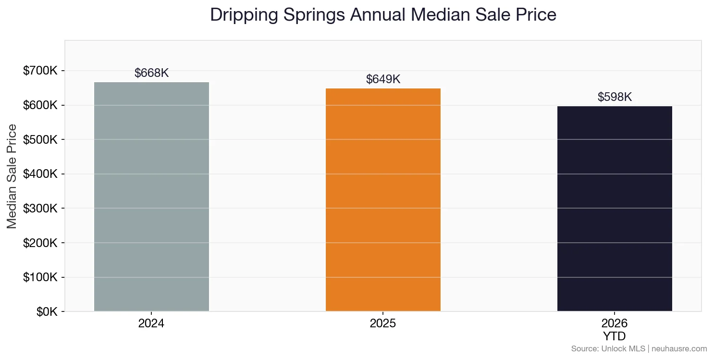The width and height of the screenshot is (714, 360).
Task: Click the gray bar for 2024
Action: [x=151, y=197]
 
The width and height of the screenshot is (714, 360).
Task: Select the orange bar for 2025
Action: [x=383, y=199]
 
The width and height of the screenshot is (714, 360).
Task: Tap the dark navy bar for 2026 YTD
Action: [x=615, y=209]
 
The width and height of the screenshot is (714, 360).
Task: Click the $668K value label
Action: [x=151, y=73]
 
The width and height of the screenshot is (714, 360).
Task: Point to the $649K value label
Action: [x=383, y=79]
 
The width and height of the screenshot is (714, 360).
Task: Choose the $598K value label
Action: [x=615, y=97]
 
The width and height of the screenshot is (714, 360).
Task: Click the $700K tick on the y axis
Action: [x=40, y=71]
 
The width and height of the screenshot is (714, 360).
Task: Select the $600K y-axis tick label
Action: [x=40, y=105]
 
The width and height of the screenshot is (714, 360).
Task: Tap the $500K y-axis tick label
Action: [x=40, y=140]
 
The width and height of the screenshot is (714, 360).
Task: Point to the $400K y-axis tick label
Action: [x=40, y=174]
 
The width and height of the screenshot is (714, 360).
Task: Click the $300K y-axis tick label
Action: [x=40, y=209]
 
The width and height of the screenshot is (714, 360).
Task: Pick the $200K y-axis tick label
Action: [x=40, y=243]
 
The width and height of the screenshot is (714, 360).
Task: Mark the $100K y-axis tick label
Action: [x=40, y=277]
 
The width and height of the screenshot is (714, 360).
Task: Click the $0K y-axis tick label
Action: [x=47, y=312]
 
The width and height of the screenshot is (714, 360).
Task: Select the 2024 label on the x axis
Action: [x=151, y=323]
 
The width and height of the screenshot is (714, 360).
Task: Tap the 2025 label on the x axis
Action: [x=383, y=323]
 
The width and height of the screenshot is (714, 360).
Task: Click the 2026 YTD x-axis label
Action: [x=615, y=329]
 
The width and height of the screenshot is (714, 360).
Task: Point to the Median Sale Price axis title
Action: [x=12, y=176]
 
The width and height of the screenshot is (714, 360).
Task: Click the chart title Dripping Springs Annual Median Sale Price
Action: [x=383, y=15]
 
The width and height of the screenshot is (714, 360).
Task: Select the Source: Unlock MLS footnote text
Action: [x=639, y=349]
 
